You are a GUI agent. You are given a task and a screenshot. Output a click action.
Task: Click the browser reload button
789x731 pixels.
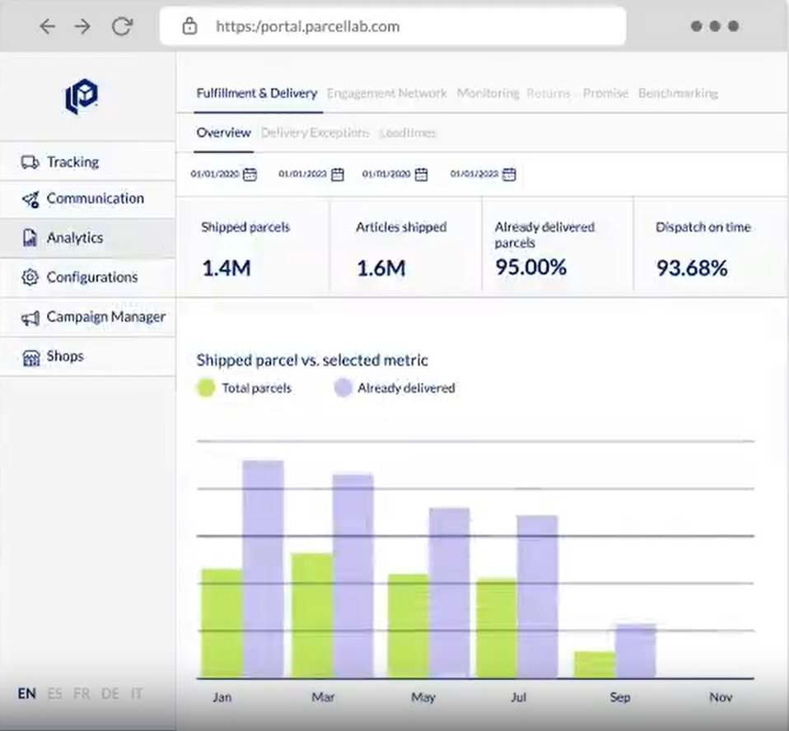(x=122, y=26)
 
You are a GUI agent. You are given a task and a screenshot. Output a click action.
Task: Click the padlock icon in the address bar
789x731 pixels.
(x=189, y=26)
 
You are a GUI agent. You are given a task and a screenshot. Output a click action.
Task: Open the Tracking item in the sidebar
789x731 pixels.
(x=72, y=162)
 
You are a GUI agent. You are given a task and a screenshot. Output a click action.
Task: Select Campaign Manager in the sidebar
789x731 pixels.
(x=105, y=317)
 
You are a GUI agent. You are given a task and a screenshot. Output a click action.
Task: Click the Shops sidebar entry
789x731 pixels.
(x=65, y=356)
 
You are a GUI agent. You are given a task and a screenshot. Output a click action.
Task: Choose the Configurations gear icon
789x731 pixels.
(x=30, y=277)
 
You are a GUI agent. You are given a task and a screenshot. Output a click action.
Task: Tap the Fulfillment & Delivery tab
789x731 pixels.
(x=256, y=93)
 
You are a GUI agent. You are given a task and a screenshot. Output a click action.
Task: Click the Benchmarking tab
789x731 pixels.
(x=678, y=93)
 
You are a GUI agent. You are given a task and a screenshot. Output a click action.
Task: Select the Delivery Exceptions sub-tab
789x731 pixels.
(x=315, y=133)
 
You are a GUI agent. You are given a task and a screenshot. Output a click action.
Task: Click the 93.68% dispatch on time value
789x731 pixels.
(x=692, y=268)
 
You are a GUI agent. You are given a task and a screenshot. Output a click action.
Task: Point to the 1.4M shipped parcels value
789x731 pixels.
(x=226, y=268)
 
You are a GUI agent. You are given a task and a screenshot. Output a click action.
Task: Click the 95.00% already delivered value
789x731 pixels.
(x=530, y=267)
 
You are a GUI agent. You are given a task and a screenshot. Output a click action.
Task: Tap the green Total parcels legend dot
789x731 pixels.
(x=206, y=388)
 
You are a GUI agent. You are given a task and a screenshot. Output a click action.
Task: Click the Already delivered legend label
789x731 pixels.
(x=406, y=388)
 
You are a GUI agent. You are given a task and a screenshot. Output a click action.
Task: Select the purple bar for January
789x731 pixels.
(x=263, y=568)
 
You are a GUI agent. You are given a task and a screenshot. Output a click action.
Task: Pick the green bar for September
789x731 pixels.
(x=595, y=664)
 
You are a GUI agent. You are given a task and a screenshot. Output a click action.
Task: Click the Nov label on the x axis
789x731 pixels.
(x=720, y=697)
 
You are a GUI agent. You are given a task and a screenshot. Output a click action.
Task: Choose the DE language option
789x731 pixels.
(x=110, y=694)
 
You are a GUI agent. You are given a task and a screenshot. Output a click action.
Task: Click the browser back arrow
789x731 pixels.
(x=48, y=26)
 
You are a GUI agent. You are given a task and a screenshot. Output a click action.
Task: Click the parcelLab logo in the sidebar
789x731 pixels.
(x=82, y=96)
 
